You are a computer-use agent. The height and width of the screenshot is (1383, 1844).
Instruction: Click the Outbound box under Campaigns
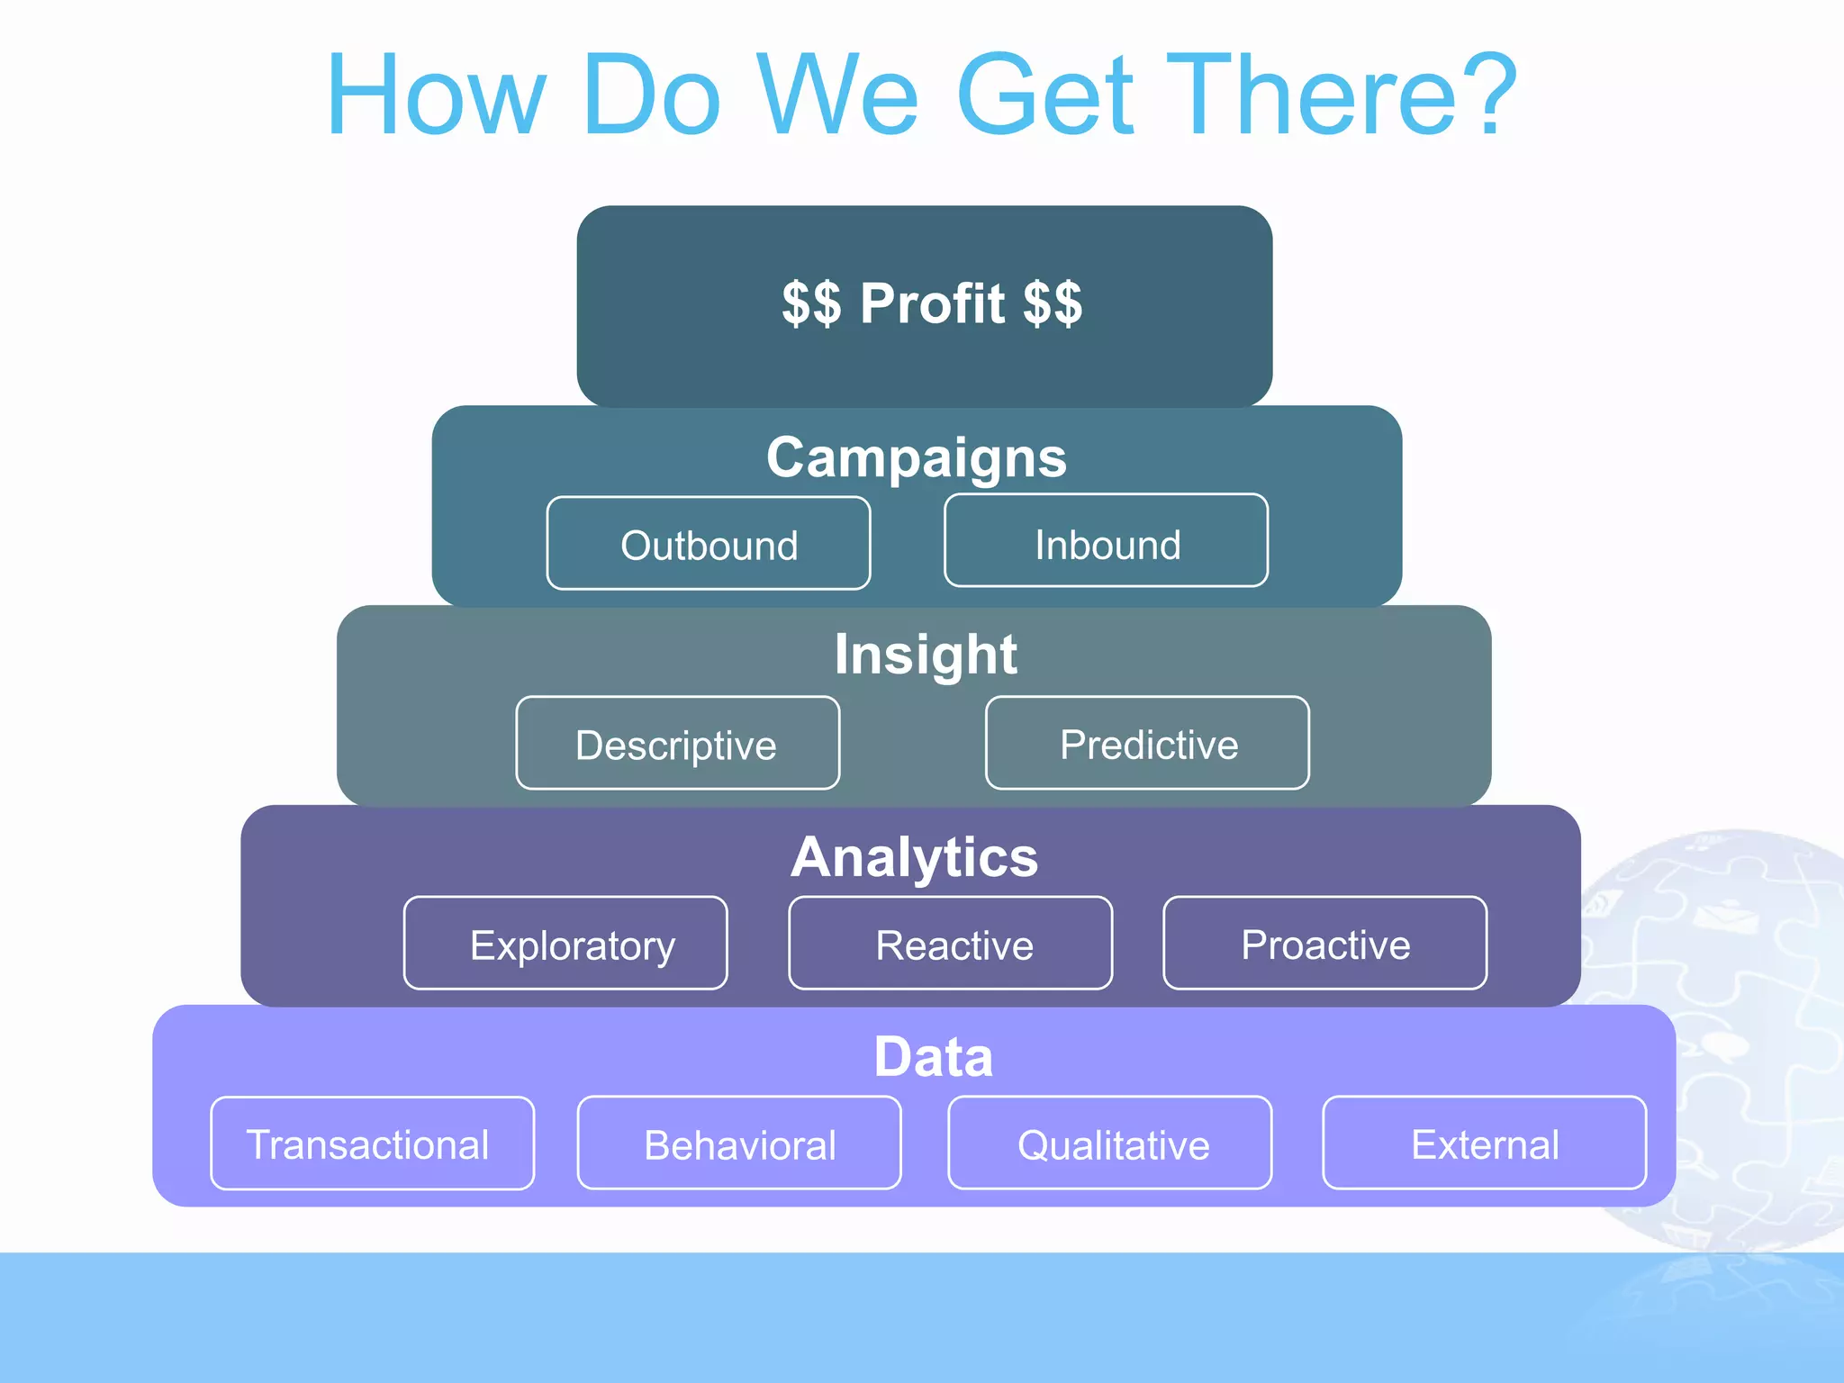[709, 544]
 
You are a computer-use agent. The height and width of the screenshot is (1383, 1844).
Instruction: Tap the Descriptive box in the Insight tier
[677, 744]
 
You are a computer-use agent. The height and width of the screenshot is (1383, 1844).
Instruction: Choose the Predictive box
[1147, 744]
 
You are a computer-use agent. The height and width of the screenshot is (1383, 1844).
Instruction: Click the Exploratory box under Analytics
[565, 944]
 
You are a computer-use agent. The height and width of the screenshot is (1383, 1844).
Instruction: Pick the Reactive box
[951, 944]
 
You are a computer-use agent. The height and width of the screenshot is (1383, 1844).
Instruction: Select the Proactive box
[1324, 944]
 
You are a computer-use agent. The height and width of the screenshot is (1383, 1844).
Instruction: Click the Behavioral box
[739, 1143]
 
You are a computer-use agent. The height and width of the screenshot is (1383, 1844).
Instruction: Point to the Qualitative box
[1110, 1143]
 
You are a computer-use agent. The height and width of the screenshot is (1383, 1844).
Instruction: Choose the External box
[1484, 1143]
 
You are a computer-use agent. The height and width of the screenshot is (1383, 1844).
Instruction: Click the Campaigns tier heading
[917, 457]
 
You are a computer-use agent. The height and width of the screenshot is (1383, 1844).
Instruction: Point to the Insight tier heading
[925, 654]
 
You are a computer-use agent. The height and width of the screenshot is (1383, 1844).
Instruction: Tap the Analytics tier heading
[914, 856]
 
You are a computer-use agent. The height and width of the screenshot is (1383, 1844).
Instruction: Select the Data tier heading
[933, 1056]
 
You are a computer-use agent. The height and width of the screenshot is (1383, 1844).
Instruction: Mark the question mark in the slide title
[1488, 94]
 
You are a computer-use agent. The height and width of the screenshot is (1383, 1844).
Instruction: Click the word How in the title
[437, 95]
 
